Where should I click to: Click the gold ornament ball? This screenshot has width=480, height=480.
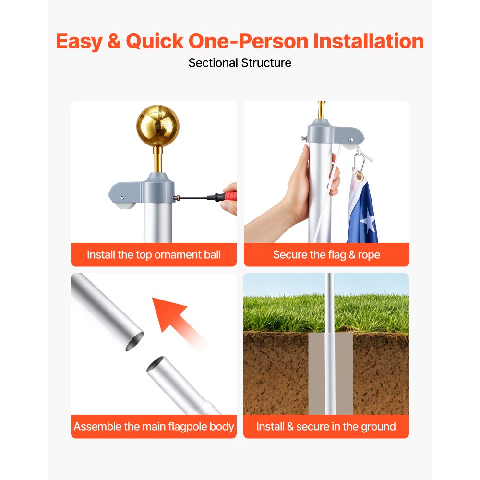[x=157, y=125]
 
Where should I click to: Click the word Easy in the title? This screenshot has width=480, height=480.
[x=79, y=41]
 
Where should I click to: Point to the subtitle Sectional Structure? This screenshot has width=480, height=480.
[x=240, y=63]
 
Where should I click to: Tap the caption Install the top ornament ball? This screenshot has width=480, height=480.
[x=154, y=255]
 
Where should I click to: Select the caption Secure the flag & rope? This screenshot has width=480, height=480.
[x=326, y=255]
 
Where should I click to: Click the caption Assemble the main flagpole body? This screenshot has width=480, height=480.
[x=154, y=426]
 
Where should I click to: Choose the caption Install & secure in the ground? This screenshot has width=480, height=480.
[x=326, y=426]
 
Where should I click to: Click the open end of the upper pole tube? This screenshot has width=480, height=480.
[x=134, y=341]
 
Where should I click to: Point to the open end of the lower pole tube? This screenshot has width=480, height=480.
[x=156, y=364]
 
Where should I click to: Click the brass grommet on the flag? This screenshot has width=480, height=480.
[x=359, y=177]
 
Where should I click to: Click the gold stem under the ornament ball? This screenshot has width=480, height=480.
[x=158, y=159]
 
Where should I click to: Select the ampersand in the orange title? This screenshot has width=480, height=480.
[x=114, y=41]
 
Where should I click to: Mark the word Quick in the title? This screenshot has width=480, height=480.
[x=155, y=41]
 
